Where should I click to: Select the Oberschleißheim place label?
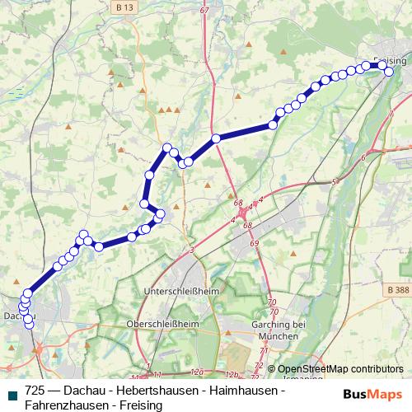coord(164,324)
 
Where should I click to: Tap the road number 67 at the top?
coord(204,10)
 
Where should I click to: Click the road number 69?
coord(254,243)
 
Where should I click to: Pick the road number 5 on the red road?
coord(334,181)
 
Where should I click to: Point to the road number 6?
coord(363,157)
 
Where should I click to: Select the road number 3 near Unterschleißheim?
coord(191,250)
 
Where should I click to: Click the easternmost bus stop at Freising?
coord(389,71)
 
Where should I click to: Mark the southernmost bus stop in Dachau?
coord(30,324)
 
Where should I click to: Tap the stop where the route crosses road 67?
coord(216,138)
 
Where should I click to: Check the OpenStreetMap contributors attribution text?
coord(339,369)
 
